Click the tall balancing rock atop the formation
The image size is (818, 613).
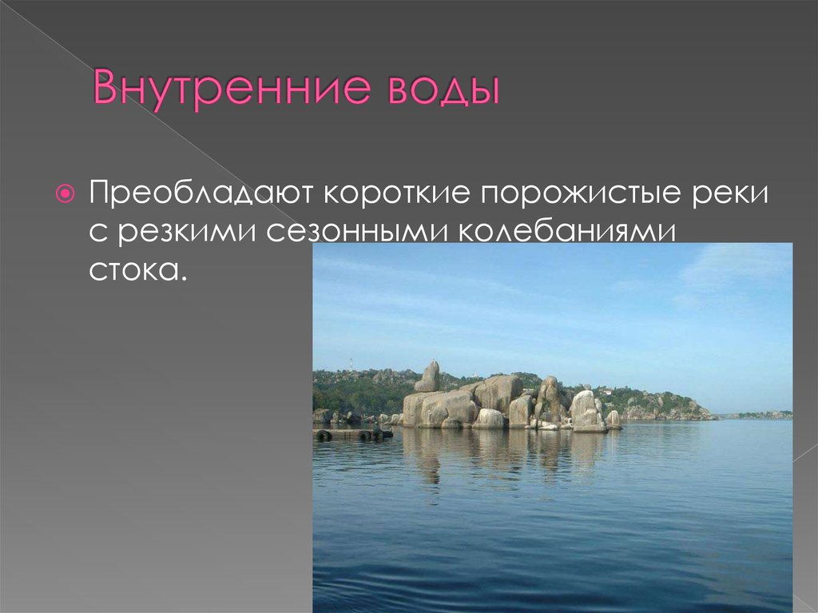429,376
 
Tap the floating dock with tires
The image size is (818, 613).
351,434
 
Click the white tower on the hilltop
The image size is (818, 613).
349,364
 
